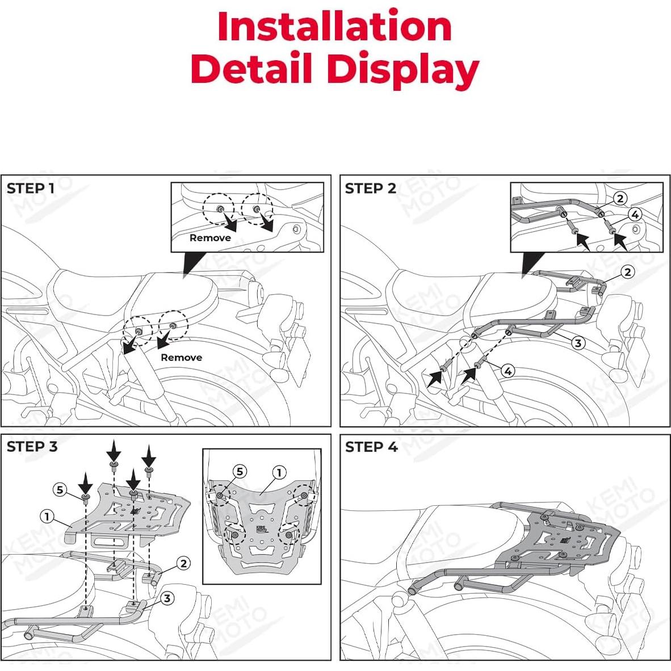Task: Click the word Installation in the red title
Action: coord(335,27)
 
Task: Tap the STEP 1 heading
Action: coord(31,188)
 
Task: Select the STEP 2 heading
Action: coord(370,188)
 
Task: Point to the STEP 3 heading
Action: coord(32,447)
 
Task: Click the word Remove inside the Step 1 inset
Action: coord(210,238)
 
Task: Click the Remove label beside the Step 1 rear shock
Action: coord(181,357)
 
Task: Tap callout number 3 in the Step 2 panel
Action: coord(578,342)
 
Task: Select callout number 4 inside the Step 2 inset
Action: coord(635,215)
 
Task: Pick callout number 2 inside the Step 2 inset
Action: coord(620,198)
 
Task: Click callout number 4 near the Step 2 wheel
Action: coord(508,371)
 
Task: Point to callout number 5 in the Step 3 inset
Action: coord(239,472)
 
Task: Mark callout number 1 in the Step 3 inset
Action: coord(279,472)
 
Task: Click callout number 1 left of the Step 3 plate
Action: coord(48,516)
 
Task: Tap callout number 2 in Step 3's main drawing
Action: coord(183,563)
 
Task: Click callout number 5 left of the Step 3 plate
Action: coord(60,489)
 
